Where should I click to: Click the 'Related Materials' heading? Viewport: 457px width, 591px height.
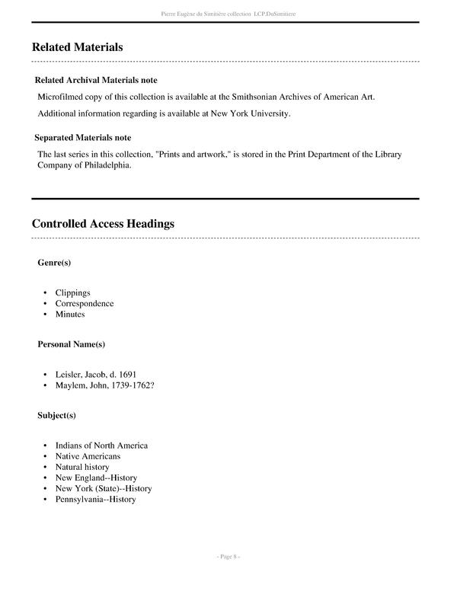(77, 47)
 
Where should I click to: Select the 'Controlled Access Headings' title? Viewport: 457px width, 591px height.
(103, 224)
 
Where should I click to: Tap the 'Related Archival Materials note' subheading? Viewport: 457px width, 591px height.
(96, 80)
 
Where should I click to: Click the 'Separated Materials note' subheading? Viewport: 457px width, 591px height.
(82, 138)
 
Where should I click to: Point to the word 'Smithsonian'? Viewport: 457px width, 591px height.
(244, 97)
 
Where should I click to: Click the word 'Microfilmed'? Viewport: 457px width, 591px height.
(63, 97)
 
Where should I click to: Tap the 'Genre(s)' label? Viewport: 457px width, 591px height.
(54, 263)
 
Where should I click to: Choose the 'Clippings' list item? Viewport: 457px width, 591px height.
(72, 292)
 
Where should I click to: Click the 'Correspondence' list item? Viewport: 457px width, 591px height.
(84, 303)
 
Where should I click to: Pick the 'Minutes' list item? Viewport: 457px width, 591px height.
(69, 314)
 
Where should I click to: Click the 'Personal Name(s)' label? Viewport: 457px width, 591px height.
(71, 344)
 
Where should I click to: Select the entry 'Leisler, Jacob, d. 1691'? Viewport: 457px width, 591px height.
(95, 375)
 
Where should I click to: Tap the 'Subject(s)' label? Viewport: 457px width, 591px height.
(56, 415)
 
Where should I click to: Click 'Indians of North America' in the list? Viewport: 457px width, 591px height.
(101, 446)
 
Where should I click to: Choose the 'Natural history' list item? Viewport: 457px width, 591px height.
(81, 467)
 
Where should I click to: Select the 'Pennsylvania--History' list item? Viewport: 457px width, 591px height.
(95, 499)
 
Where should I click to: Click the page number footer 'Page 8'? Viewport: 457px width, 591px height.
(228, 557)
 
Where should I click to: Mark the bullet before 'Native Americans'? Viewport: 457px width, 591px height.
(46, 456)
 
